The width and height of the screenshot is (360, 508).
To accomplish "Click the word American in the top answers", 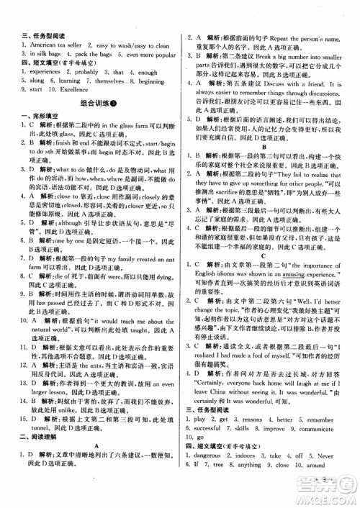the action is click(34, 43).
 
